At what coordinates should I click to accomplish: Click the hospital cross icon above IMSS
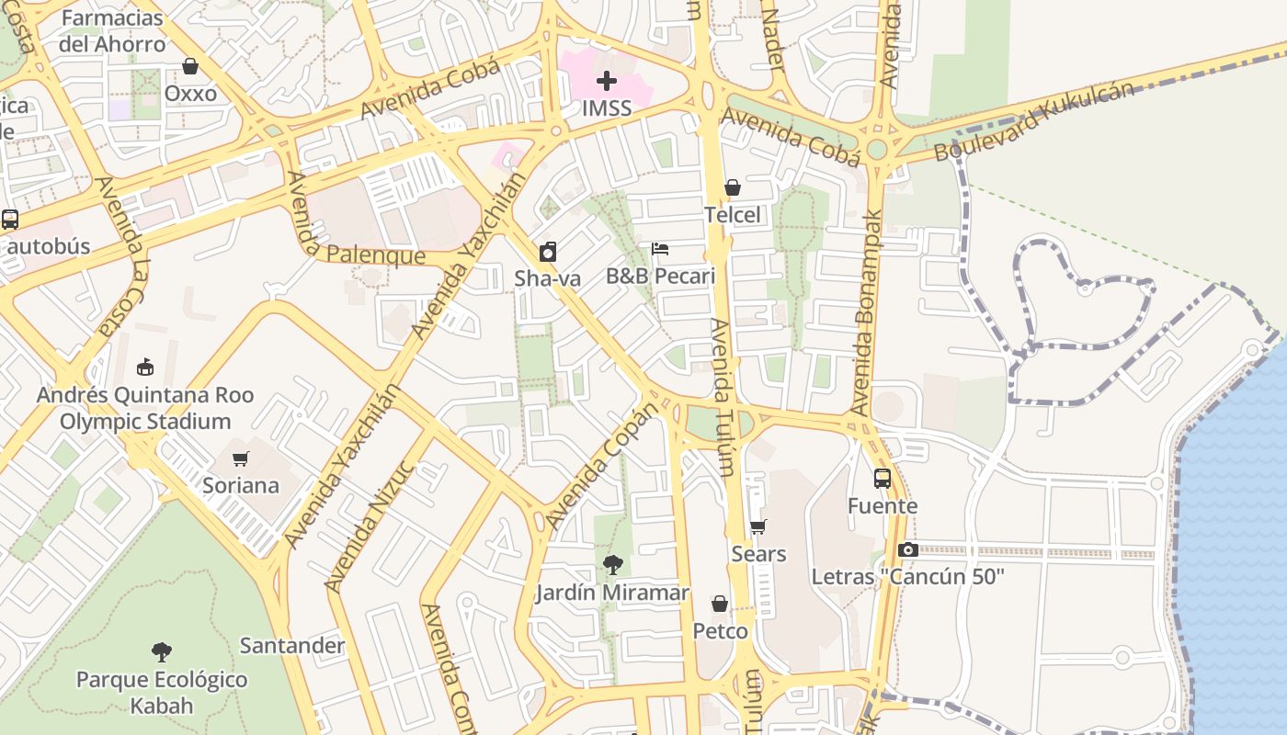tap(607, 81)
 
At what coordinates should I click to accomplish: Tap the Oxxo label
tap(190, 94)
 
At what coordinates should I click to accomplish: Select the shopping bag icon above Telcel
tap(733, 187)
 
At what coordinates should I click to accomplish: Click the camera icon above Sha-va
tap(548, 252)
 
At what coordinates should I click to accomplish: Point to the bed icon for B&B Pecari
tap(660, 249)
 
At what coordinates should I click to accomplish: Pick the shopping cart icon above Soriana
tap(241, 458)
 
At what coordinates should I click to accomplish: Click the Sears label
tap(758, 554)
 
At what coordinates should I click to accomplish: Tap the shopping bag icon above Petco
tap(720, 604)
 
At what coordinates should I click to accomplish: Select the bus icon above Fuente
tap(883, 479)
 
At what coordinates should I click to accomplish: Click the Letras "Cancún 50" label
tap(907, 577)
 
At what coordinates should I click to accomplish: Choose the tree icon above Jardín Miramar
tap(612, 565)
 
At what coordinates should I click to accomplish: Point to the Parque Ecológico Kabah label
tap(162, 693)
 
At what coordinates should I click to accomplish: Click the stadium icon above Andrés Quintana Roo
tap(145, 367)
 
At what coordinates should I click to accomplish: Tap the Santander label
tap(292, 646)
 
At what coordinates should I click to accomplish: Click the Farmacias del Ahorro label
tap(112, 30)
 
